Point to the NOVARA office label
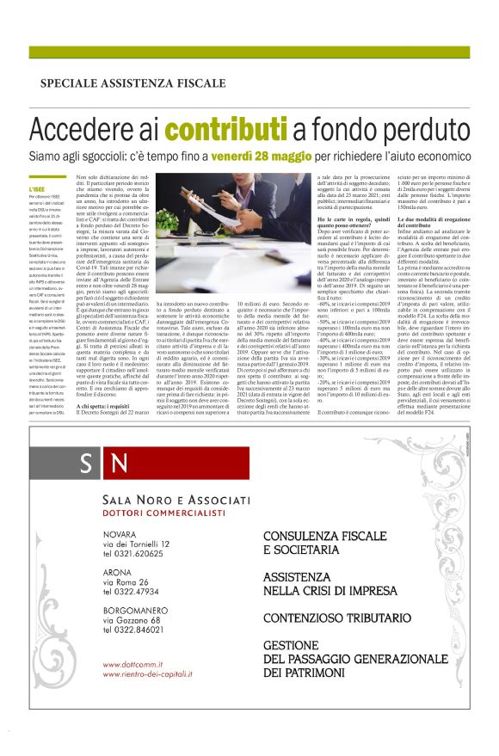pyautogui.click(x=120, y=534)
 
